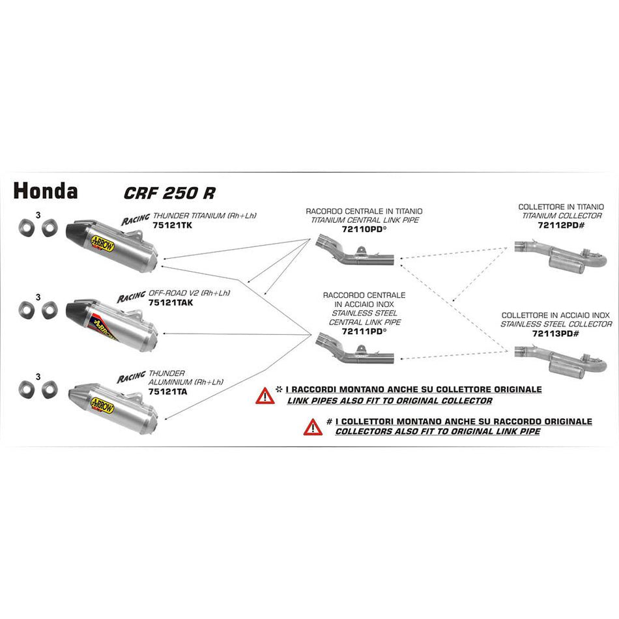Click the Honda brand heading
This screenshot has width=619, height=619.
click(x=46, y=191)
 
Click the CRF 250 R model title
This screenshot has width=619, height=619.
click(x=169, y=193)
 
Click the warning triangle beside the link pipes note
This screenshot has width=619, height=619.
click(x=265, y=395)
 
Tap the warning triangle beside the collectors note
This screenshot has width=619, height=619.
click(x=312, y=427)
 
